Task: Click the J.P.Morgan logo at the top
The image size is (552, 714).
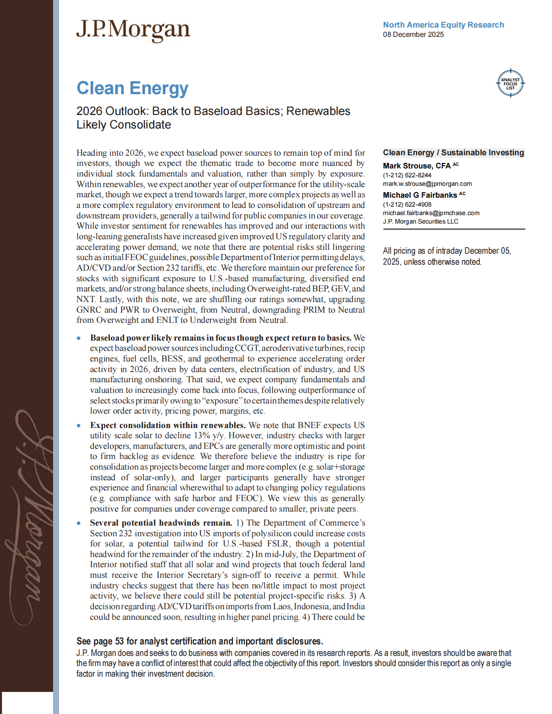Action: point(133,30)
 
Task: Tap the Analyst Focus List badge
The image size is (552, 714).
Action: point(510,84)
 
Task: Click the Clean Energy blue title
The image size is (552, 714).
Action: point(132,88)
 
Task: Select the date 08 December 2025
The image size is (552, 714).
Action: point(413,35)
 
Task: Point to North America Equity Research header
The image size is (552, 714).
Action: point(443,25)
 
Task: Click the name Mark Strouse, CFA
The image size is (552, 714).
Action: point(417,166)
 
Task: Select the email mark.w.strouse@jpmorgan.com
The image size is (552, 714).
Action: point(427,184)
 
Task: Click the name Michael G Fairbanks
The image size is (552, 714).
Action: point(420,195)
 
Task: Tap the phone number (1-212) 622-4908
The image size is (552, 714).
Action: point(407,204)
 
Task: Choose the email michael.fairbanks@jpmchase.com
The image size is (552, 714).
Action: point(431,213)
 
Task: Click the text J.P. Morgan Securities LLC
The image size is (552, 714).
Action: point(420,221)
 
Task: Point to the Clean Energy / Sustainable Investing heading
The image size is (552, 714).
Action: point(453,153)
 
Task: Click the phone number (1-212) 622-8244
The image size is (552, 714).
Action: point(407,175)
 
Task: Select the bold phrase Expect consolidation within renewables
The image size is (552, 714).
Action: point(168,425)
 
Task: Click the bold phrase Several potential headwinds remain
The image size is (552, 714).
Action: point(161,523)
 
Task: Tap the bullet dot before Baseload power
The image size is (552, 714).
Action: point(79,338)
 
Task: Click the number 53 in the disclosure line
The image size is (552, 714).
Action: point(119,641)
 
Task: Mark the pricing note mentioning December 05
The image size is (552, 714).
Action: point(447,256)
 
